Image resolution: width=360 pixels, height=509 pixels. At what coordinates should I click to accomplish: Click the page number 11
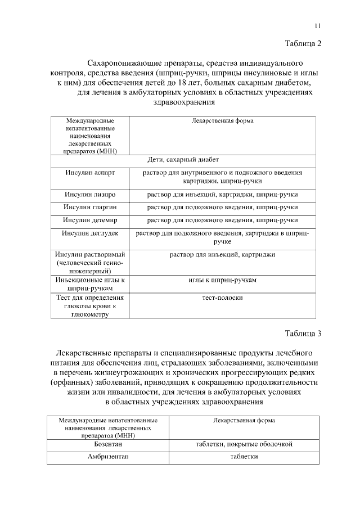[317, 26]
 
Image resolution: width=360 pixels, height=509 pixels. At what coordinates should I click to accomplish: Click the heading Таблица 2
[303, 44]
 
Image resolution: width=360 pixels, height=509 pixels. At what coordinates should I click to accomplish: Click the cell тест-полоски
[222, 298]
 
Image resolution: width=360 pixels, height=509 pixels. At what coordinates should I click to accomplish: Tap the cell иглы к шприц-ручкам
[222, 280]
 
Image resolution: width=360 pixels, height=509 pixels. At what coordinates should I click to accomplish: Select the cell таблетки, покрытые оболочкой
[244, 444]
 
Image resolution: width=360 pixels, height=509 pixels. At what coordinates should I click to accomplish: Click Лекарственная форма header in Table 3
[244, 420]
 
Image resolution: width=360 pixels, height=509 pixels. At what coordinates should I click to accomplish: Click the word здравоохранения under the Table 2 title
[184, 102]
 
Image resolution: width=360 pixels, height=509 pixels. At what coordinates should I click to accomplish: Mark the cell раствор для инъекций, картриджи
[222, 255]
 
